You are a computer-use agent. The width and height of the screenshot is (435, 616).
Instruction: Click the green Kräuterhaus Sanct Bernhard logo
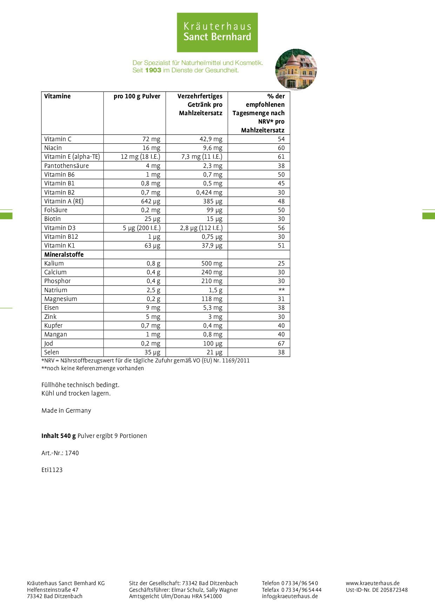(217, 32)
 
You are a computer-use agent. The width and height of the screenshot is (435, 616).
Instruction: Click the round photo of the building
(296, 69)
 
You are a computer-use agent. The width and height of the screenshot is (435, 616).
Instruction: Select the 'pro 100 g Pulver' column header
(137, 96)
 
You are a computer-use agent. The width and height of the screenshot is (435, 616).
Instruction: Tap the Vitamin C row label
(58, 139)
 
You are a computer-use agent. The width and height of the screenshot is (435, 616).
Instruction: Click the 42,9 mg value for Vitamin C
(211, 139)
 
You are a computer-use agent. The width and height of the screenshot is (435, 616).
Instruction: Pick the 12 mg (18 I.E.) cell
(140, 157)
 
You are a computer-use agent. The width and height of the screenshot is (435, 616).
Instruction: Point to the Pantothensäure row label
(66, 166)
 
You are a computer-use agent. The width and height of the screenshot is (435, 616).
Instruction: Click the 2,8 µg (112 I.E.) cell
(201, 228)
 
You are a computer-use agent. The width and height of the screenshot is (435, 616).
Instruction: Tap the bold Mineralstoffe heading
(64, 255)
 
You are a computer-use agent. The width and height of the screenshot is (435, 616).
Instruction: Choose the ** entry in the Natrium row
(281, 290)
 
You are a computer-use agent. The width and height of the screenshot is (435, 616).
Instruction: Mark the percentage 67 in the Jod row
(281, 343)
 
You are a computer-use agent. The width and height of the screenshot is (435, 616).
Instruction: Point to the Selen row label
(52, 352)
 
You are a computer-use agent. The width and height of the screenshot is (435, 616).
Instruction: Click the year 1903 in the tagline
(153, 70)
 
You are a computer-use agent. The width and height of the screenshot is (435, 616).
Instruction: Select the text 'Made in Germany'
(66, 411)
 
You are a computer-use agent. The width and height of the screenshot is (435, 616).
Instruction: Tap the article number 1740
(72, 453)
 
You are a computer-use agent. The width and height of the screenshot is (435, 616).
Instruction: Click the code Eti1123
(52, 470)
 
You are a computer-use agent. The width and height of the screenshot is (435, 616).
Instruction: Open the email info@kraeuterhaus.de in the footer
(290, 596)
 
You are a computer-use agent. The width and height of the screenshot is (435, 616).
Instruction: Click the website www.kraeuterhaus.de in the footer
(373, 583)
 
